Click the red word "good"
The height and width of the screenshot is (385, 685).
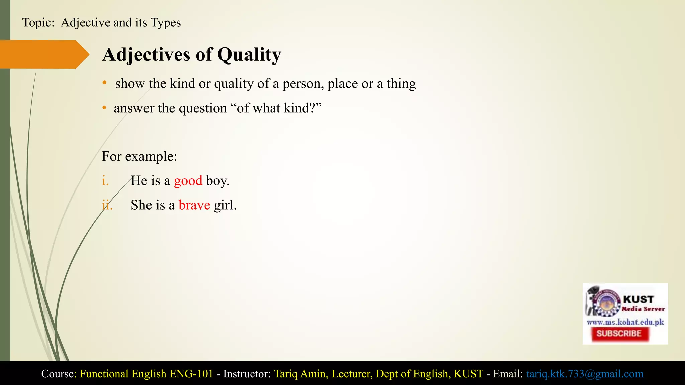[188, 181]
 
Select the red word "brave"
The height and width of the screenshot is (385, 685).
[194, 205]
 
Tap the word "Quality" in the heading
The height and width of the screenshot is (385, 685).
[249, 55]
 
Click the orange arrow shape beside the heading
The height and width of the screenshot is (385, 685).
[43, 54]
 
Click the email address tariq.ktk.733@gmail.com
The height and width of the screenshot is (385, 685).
[585, 374]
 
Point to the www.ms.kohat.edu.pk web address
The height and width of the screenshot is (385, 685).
[625, 322]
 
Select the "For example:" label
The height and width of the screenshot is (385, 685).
[139, 156]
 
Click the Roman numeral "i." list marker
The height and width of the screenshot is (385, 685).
[105, 181]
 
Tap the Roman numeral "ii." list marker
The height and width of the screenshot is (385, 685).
[107, 205]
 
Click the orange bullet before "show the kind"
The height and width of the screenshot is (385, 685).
[105, 83]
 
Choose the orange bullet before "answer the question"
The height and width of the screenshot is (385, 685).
[105, 108]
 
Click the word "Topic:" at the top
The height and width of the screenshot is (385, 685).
[38, 23]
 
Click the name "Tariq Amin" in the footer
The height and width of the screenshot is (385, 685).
[301, 374]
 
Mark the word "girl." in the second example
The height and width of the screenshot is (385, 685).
[225, 205]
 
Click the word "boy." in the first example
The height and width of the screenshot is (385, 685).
[218, 181]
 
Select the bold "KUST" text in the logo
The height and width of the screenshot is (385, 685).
[638, 299]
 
